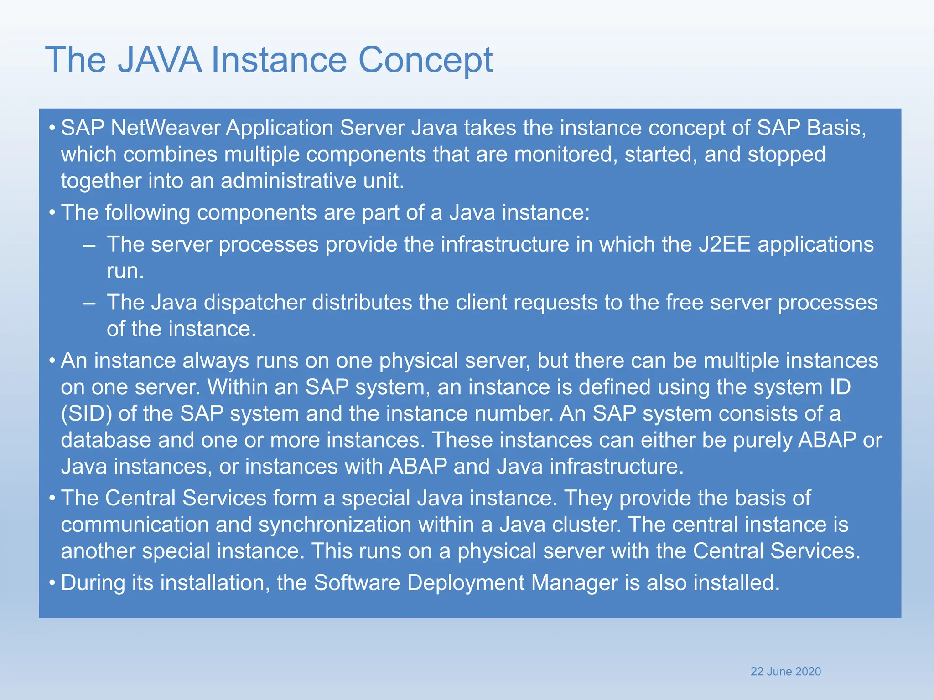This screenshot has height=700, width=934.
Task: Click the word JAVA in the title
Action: pyautogui.click(x=160, y=60)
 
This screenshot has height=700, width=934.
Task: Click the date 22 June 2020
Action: pyautogui.click(x=785, y=671)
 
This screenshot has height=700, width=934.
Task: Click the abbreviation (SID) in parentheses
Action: pyautogui.click(x=86, y=414)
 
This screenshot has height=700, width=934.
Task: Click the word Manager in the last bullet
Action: pyautogui.click(x=574, y=583)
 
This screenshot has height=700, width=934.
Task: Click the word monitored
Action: pyautogui.click(x=566, y=154)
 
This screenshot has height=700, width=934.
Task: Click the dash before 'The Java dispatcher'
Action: pyautogui.click(x=89, y=303)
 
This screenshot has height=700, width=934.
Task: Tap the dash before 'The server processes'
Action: pyautogui.click(x=89, y=245)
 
